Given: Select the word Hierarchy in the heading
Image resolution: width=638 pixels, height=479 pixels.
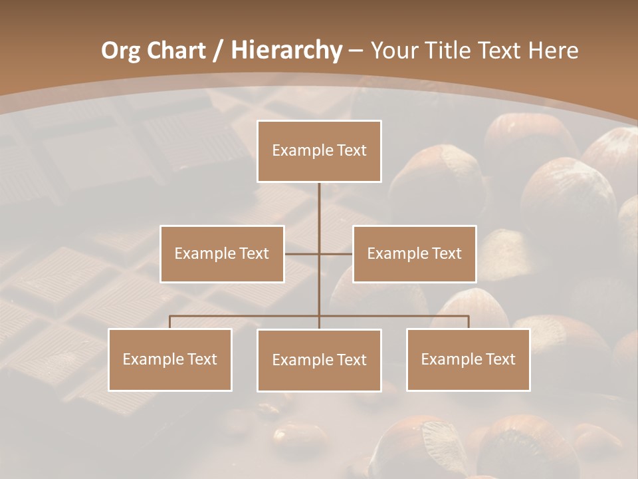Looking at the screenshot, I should (286, 50).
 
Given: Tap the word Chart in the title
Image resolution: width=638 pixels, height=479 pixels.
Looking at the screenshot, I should (177, 50).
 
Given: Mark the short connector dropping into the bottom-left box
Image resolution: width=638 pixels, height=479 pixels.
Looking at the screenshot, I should (169, 322).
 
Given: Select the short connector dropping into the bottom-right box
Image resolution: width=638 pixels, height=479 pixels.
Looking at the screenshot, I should (468, 322).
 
